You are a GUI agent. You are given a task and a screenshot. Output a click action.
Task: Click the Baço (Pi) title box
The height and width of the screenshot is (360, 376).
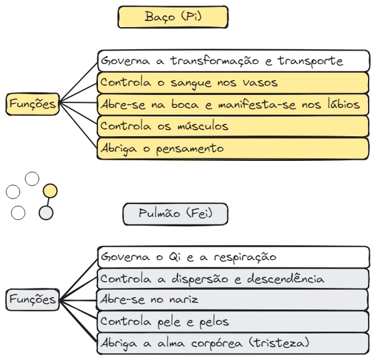tap(174, 17)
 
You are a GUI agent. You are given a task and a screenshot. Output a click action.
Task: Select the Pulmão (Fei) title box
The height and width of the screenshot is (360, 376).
tap(176, 214)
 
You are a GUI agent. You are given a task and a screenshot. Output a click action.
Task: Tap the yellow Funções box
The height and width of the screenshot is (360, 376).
tap(32, 104)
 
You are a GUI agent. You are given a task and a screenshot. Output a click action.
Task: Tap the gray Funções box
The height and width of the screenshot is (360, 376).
tap(32, 300)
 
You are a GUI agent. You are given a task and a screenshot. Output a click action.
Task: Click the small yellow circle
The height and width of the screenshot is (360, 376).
tap(51, 192)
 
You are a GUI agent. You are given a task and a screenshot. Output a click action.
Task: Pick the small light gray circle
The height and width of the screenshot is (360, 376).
tap(46, 214)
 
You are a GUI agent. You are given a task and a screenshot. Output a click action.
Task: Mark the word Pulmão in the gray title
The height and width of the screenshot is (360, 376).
tap(160, 214)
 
